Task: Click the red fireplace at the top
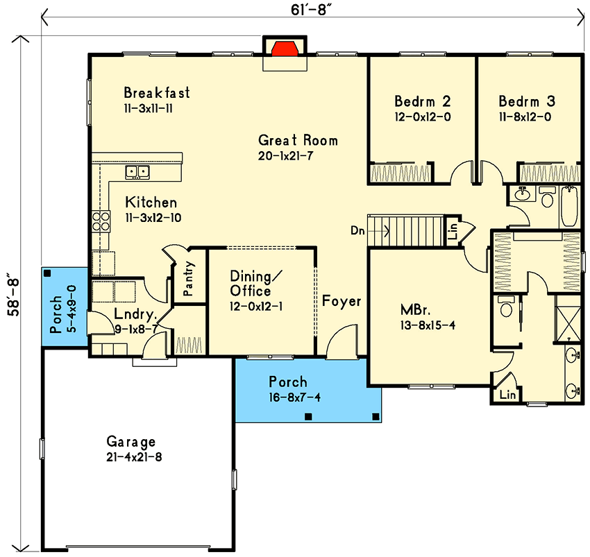tap(285, 49)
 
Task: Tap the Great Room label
tap(298, 140)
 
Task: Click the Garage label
tap(130, 441)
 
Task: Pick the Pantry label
tap(188, 278)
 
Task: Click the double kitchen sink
tap(137, 172)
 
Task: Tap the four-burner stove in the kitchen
tap(101, 221)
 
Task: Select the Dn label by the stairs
tap(357, 230)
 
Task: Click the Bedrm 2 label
tap(422, 101)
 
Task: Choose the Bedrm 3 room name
tap(526, 101)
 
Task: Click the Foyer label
tap(342, 301)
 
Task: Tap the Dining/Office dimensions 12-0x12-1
tap(256, 307)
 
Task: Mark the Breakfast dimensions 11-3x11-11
tap(149, 109)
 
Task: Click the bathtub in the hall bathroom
tap(570, 206)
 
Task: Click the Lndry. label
tap(135, 314)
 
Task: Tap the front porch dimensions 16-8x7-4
tap(294, 397)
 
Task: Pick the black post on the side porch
tap(47, 273)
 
